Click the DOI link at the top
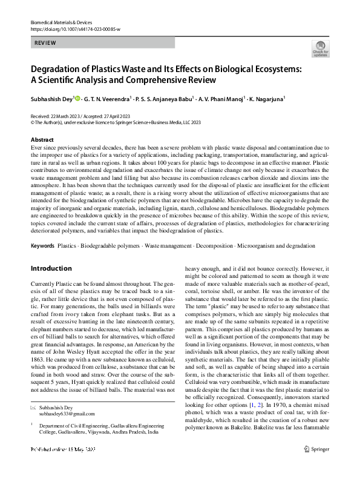72,28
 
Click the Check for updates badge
319,48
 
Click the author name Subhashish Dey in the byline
51,98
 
